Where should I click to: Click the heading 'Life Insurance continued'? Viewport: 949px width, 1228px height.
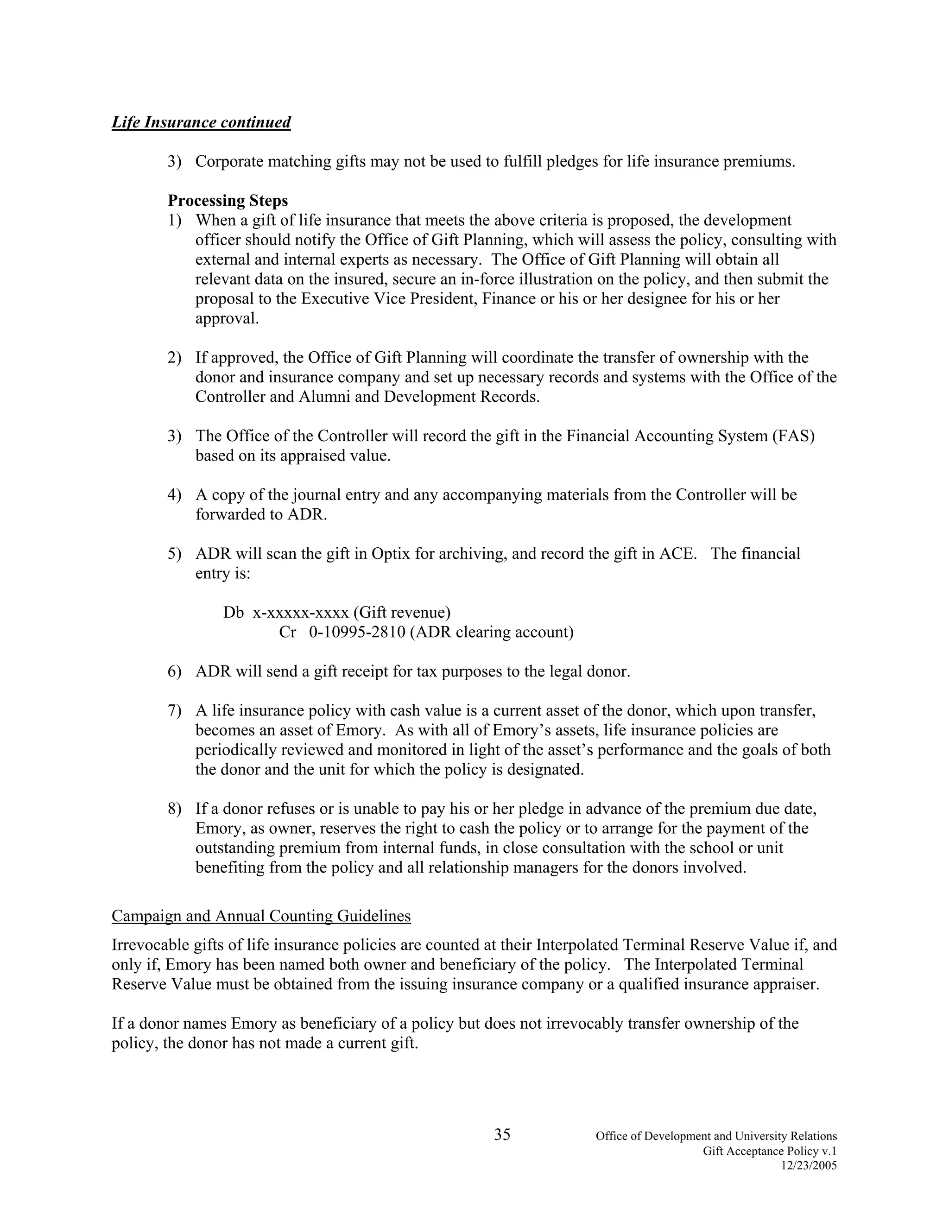201,122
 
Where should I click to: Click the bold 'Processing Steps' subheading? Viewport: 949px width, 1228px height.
228,201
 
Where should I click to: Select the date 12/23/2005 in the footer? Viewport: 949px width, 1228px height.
809,1165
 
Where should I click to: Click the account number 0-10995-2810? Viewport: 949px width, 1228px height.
357,632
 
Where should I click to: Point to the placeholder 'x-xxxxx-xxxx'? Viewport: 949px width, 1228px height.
301,612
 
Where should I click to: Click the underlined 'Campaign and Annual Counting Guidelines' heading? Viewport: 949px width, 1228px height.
261,916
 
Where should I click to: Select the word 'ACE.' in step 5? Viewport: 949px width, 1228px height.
678,554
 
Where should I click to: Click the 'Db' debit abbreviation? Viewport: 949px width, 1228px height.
234,612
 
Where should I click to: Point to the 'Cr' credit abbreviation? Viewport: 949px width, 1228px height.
287,632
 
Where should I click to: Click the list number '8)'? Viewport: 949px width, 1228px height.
174,809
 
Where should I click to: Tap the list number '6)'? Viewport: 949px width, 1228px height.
174,671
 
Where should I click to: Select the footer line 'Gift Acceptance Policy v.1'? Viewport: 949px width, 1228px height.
770,1151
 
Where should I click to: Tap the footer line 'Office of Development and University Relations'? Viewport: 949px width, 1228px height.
716,1136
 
